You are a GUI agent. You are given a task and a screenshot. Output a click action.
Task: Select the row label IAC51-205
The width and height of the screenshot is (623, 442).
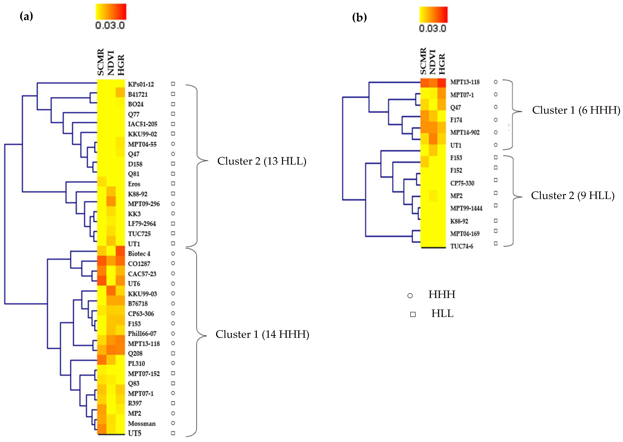[x=143, y=124]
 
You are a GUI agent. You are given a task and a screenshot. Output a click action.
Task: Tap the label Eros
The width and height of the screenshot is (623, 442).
[x=134, y=184]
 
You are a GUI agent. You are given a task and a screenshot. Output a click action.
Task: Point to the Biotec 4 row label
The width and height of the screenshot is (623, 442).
[x=139, y=254]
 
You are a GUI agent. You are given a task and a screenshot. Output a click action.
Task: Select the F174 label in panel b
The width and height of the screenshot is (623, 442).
[x=456, y=120]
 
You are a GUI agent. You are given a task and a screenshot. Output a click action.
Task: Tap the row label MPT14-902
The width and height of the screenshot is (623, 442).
[x=465, y=133]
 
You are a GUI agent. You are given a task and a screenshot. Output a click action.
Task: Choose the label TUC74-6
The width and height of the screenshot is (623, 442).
[x=462, y=246]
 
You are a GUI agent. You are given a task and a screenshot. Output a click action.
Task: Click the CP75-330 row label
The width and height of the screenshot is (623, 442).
[x=462, y=183]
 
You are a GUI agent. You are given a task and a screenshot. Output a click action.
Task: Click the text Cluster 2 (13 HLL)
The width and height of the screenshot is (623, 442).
[x=262, y=161]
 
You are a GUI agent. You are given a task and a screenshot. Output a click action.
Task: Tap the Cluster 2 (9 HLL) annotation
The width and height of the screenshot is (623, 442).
[x=573, y=196]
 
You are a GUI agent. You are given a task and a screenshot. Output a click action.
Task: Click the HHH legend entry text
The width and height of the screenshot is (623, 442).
[x=442, y=295]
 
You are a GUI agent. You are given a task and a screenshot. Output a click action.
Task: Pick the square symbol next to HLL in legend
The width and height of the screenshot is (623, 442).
[x=413, y=314]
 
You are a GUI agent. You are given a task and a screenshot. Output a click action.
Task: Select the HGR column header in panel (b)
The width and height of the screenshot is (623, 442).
[x=442, y=64]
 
